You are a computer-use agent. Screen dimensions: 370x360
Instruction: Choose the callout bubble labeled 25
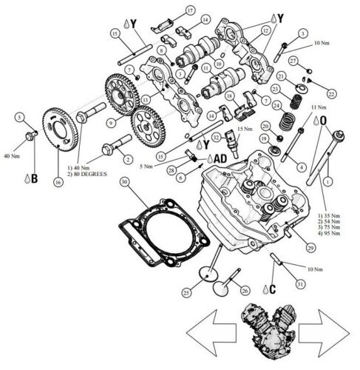186,294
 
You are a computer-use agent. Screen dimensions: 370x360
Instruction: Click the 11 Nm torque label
302,107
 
